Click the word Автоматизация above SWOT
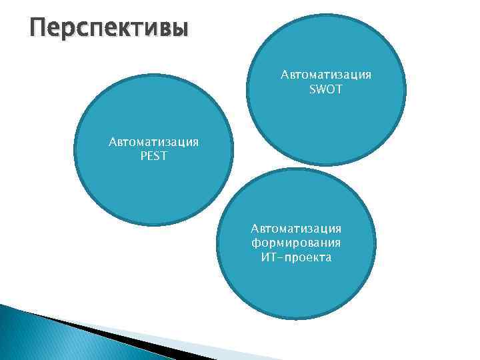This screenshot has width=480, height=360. pyautogui.click(x=326, y=75)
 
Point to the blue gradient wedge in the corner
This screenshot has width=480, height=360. pyautogui.click(x=40, y=337)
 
